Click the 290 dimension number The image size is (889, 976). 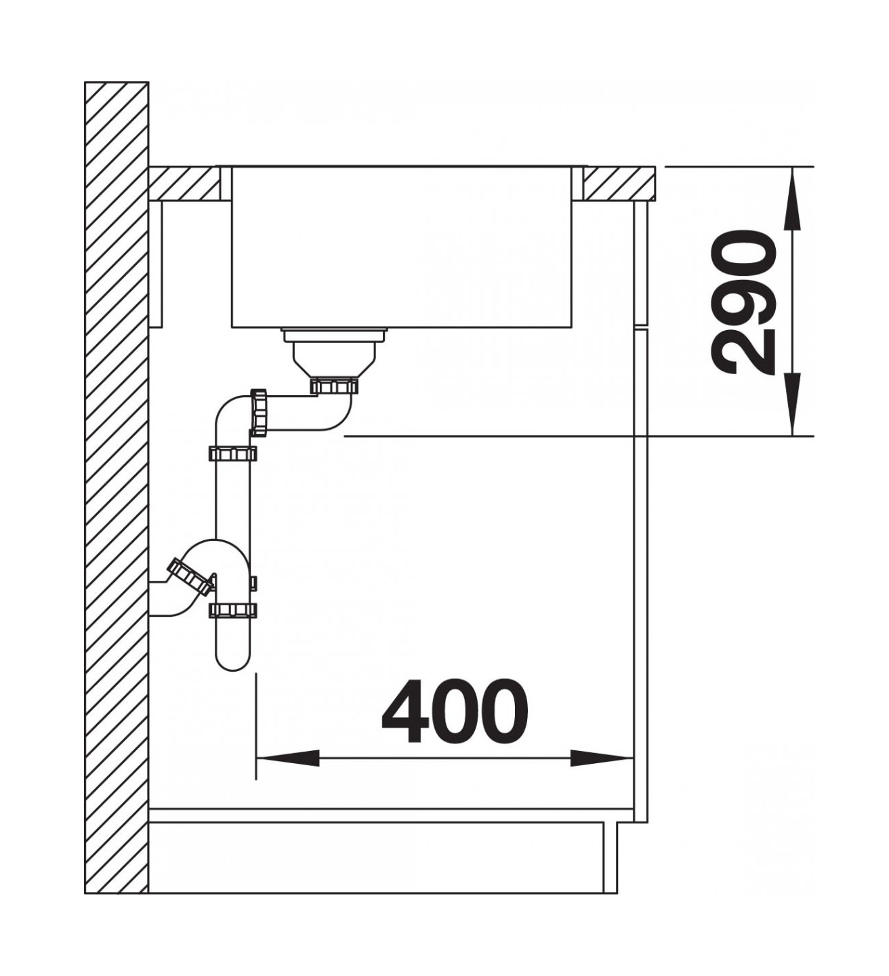pos(743,302)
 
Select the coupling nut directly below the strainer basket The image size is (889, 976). pos(334,386)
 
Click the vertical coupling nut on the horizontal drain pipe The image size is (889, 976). pos(259,411)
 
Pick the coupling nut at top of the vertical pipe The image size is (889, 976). pos(232,454)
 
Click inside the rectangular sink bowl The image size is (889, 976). pos(402,247)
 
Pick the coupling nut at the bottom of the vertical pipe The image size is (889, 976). pos(232,610)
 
